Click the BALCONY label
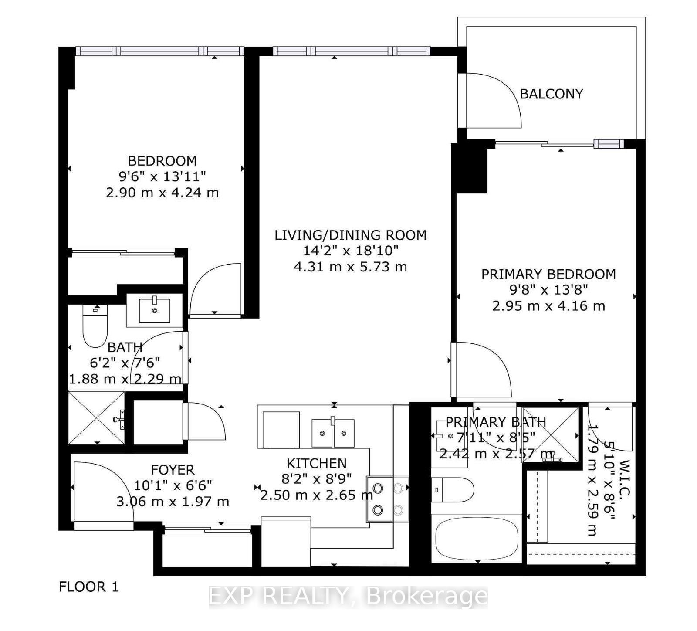551,94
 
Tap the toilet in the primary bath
453,489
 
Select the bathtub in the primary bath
477,539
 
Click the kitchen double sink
333,433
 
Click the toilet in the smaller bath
95,327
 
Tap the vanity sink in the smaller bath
155,310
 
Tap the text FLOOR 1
88,587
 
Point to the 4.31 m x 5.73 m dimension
350,267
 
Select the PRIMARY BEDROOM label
548,274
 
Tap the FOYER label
173,470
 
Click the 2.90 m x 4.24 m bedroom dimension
162,193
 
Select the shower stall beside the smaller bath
97,418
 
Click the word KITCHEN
316,463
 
